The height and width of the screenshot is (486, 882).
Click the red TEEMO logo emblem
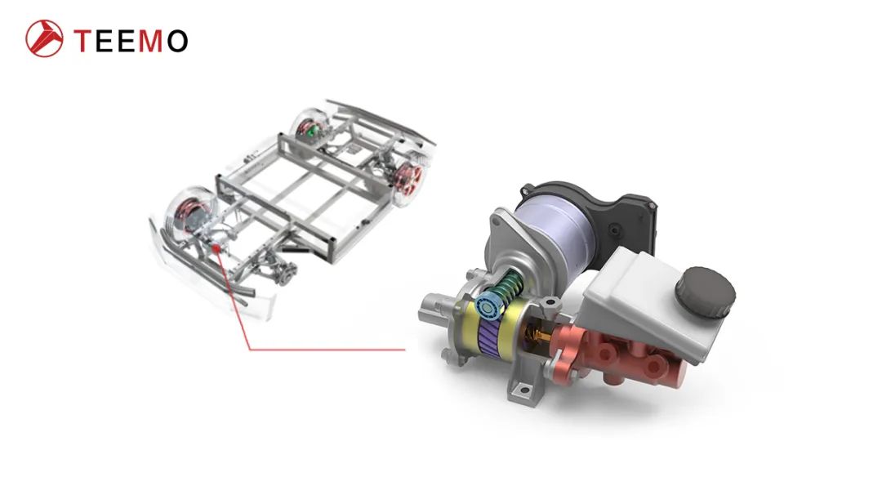pos(44,38)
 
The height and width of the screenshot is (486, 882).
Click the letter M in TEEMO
pos(149,40)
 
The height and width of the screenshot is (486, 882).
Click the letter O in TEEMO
pos(176,40)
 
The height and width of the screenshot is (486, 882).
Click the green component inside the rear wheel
pos(311,128)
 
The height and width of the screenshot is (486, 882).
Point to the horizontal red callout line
pos(327,350)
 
